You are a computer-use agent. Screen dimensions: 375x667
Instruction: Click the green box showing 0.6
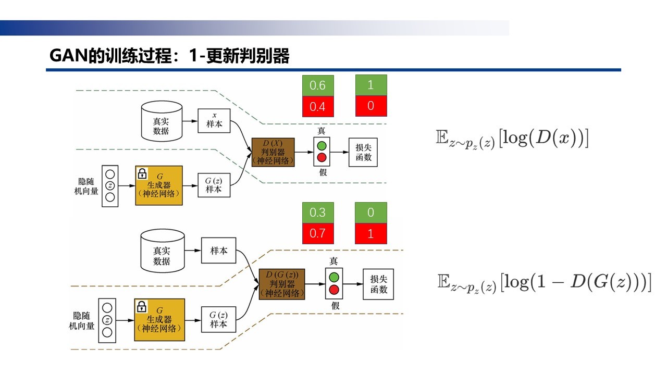pyautogui.click(x=317, y=85)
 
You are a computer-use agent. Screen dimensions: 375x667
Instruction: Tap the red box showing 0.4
pyautogui.click(x=317, y=106)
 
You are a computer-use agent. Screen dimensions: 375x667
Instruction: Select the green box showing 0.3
pyautogui.click(x=317, y=213)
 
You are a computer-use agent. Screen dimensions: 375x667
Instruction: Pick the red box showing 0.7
pyautogui.click(x=317, y=233)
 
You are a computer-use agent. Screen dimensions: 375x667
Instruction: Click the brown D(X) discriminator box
pyautogui.click(x=273, y=152)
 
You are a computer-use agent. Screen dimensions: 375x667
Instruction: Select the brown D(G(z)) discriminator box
pyautogui.click(x=282, y=284)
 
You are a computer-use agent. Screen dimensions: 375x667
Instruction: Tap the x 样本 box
pyautogui.click(x=214, y=121)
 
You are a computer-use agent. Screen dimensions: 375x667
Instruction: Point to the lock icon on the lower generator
pyautogui.click(x=141, y=307)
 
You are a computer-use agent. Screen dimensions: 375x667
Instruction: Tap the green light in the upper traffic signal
pyautogui.click(x=322, y=146)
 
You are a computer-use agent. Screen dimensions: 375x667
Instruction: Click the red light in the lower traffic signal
pyautogui.click(x=335, y=290)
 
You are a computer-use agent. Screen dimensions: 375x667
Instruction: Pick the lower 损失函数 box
pyautogui.click(x=378, y=284)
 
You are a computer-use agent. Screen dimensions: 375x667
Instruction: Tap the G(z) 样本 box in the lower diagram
pyautogui.click(x=218, y=319)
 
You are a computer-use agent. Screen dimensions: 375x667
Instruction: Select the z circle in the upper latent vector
pyautogui.click(x=110, y=185)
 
